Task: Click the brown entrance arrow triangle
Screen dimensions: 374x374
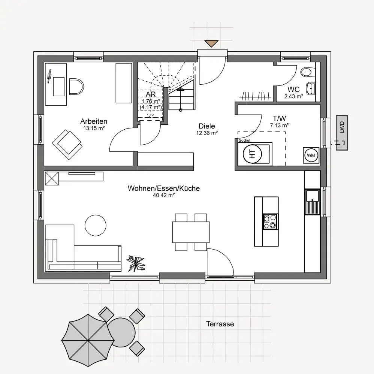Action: click(211, 43)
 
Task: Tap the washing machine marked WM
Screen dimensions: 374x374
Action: click(311, 156)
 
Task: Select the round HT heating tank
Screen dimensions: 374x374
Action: click(252, 154)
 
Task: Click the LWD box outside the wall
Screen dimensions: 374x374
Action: click(342, 133)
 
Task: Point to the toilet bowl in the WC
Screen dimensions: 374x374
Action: click(308, 72)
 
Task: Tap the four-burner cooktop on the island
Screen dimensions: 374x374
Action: click(270, 221)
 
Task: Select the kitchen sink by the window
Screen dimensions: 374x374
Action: click(312, 202)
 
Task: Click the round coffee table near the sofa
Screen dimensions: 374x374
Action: click(96, 225)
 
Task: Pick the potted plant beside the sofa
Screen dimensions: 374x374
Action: click(136, 263)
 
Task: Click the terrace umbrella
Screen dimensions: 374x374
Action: click(87, 340)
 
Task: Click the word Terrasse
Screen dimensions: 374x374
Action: click(220, 324)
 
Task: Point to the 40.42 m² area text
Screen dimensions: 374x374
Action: click(164, 195)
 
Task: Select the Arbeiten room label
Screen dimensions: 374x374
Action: click(94, 121)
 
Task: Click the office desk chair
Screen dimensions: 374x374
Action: click(76, 87)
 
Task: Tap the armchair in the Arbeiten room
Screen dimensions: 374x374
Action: click(67, 145)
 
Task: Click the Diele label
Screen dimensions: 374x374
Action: click(207, 126)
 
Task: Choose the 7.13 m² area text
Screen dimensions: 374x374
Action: click(279, 126)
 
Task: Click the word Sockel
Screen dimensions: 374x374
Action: click(244, 141)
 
